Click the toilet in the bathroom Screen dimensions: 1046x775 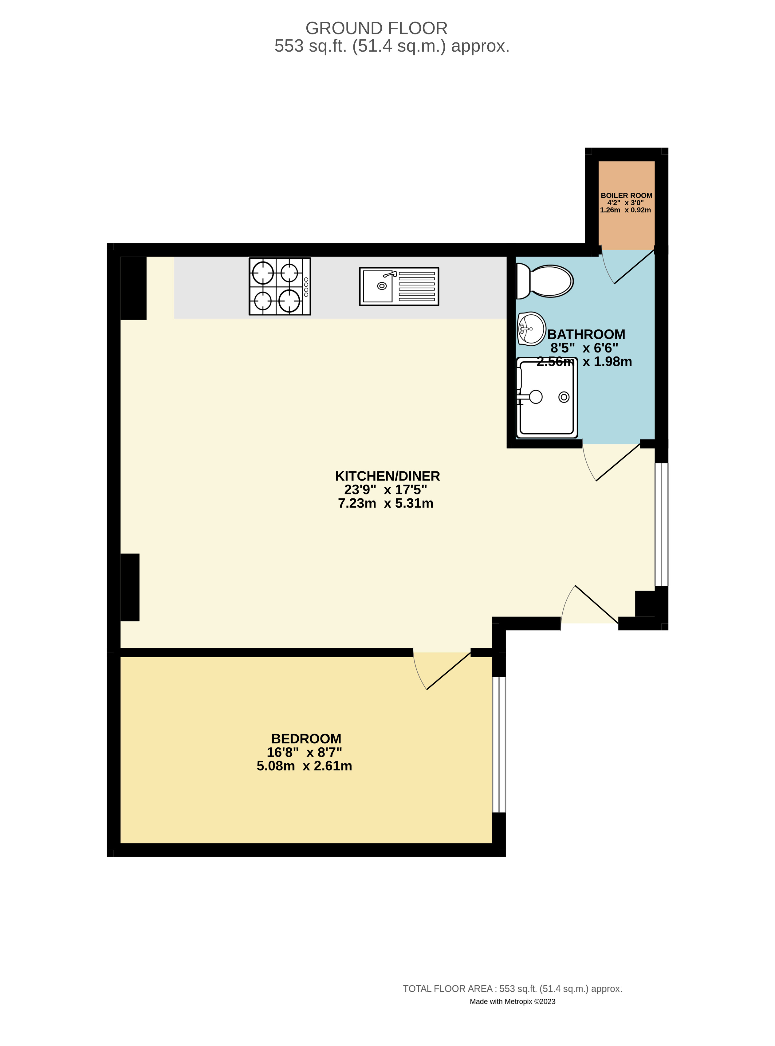tap(545, 281)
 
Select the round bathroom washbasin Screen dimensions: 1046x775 tap(532, 328)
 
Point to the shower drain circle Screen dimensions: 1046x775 tap(564, 397)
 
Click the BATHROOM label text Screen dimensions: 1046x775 tap(586, 334)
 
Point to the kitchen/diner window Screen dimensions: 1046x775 tap(661, 525)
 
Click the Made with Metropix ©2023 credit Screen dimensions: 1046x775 tap(512, 1001)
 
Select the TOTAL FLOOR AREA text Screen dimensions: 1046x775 tap(512, 989)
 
